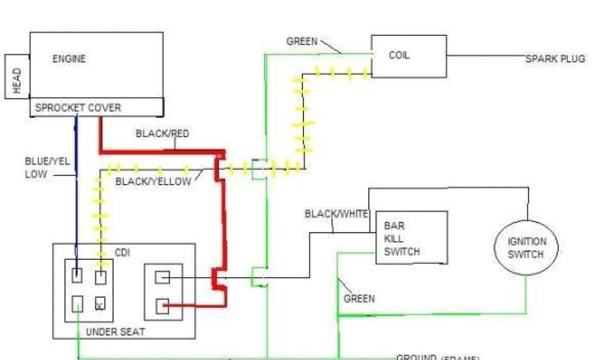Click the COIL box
pos(408,56)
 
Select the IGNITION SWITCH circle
pos(527,247)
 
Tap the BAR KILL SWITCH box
pos(411,238)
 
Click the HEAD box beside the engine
pos(17,77)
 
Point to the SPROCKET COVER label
pos(78,108)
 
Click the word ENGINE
pos(69,59)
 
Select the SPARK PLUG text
pos(555,59)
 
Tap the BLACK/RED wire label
pos(162,134)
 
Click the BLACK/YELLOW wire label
pos(153,181)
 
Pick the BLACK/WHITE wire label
pos(336,214)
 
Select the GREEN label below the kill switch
pos(359,298)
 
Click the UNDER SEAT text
pos(115,332)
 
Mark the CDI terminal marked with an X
pos(101,305)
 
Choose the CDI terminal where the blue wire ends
pos(77,277)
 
